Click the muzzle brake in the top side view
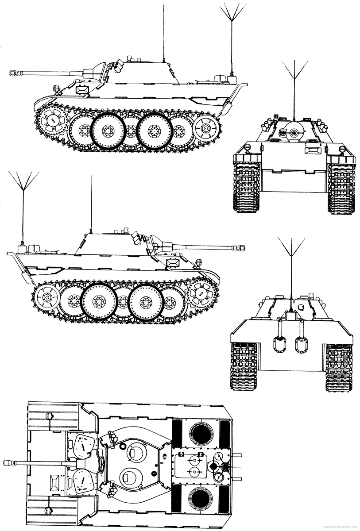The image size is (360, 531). [15, 71]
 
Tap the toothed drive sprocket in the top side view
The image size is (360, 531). [52, 119]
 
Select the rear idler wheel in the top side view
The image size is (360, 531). [205, 127]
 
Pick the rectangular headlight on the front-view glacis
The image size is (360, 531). [313, 150]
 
